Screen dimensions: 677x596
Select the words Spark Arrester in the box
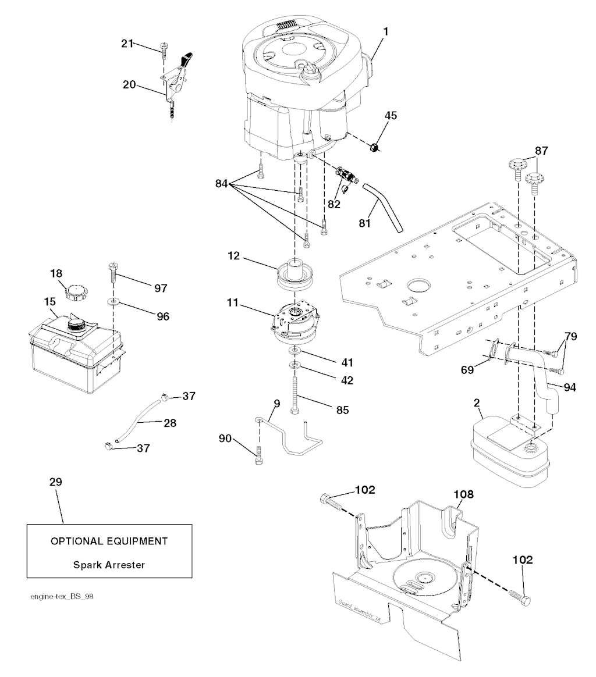(109, 564)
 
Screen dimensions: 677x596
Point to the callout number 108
(464, 495)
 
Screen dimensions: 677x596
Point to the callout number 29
(56, 482)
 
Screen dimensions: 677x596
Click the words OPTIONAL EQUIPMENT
(109, 541)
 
